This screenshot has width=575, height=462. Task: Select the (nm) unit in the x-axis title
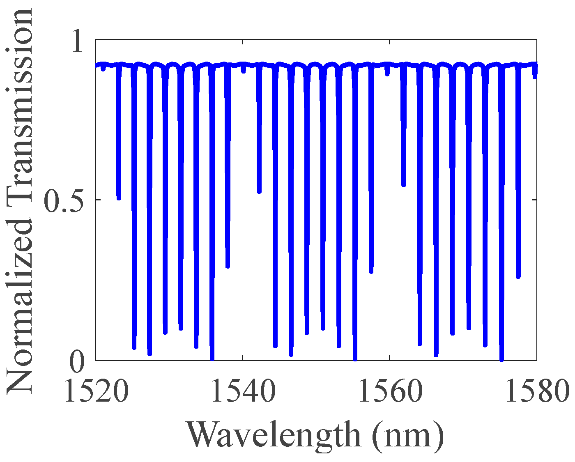[x=408, y=434]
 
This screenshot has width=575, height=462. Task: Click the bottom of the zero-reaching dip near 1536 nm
[x=212, y=359]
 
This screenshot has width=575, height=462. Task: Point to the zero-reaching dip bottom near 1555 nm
[x=355, y=359]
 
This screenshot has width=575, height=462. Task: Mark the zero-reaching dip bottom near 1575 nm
[x=501, y=359]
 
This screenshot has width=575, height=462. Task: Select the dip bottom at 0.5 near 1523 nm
[x=119, y=198]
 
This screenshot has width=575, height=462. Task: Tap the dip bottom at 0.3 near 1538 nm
[x=228, y=266]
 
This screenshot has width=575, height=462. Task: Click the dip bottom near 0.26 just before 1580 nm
[x=518, y=276]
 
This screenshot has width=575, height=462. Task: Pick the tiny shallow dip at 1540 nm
[x=244, y=71]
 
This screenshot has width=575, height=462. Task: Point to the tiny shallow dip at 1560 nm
[x=387, y=74]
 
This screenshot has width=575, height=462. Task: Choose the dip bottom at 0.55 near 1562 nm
[x=404, y=185]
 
